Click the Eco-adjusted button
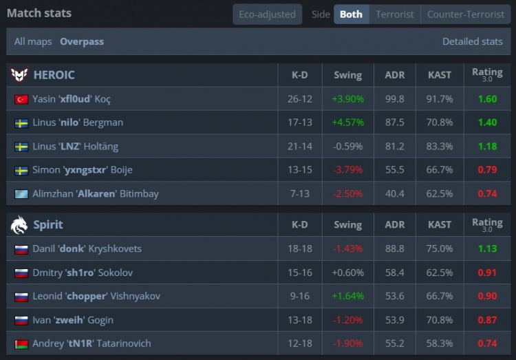(x=266, y=14)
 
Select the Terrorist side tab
(x=395, y=14)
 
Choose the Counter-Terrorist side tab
(x=465, y=14)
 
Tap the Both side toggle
(x=351, y=14)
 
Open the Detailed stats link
(x=472, y=41)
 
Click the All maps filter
(x=33, y=41)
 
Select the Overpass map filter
(x=82, y=41)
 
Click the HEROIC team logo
(x=19, y=75)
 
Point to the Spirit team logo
(x=19, y=224)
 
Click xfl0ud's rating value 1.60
(x=487, y=99)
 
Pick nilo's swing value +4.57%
(x=347, y=123)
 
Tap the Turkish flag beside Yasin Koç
(x=21, y=99)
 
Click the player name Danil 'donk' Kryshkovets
(x=87, y=248)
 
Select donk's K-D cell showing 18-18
(x=300, y=248)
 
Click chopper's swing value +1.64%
(x=347, y=296)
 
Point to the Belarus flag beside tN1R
(x=21, y=343)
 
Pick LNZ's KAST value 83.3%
(x=440, y=147)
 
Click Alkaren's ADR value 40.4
(x=394, y=194)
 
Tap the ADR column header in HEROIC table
(x=394, y=75)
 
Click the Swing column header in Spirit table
(x=347, y=224)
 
